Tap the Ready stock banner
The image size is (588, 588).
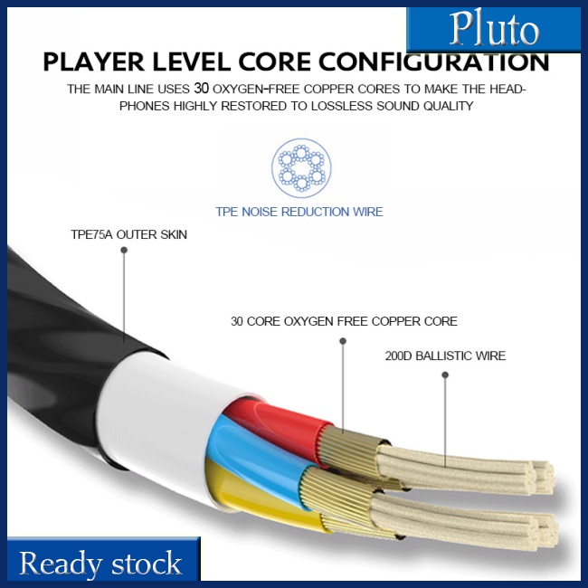point(100,563)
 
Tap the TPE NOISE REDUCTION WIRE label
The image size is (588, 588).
point(299,212)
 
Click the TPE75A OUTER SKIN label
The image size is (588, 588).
point(128,235)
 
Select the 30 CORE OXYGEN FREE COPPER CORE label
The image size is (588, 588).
point(344,321)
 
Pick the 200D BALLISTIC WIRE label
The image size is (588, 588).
point(445,356)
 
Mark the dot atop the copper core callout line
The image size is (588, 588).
point(343,340)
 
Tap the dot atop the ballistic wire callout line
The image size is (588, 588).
point(445,374)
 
